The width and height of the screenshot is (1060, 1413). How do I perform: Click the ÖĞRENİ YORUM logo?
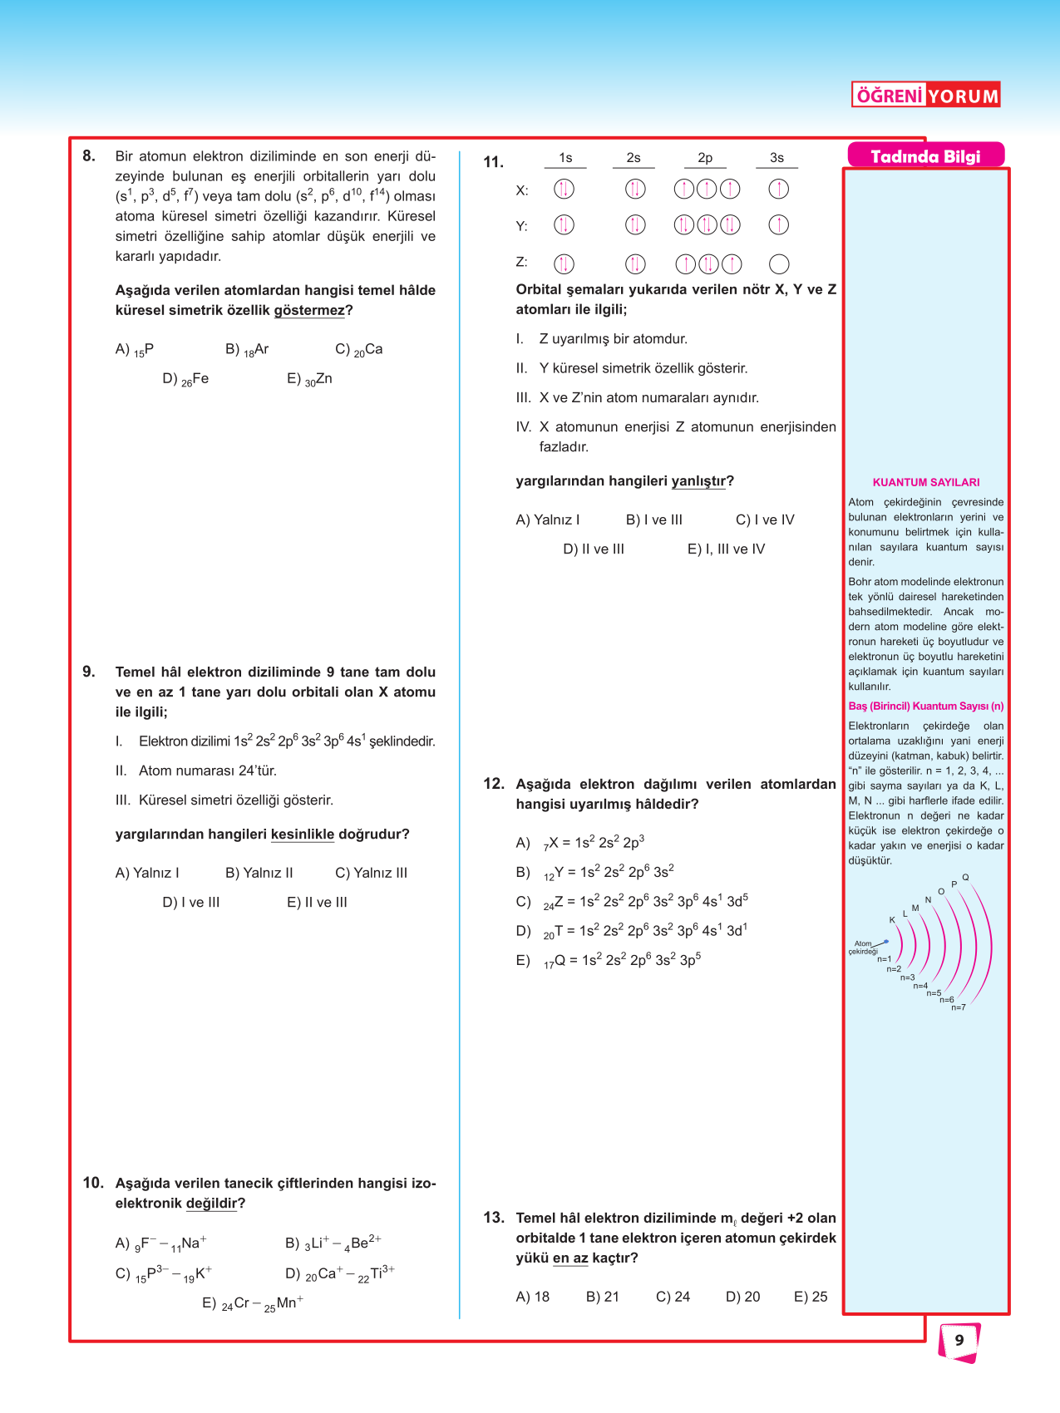925,95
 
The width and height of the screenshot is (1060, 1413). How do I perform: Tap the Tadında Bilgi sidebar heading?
925,156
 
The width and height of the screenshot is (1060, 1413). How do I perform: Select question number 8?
89,155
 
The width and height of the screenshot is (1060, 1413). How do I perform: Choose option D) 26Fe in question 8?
185,379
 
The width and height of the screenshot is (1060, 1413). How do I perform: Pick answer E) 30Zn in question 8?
309,379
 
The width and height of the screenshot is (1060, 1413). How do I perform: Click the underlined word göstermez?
308,310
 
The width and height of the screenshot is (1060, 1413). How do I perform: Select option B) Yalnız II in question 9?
259,873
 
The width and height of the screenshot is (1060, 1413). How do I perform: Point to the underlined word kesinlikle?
302,835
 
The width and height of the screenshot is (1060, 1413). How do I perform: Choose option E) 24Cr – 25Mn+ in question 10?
253,1303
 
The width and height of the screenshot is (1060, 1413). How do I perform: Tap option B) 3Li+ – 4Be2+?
333,1243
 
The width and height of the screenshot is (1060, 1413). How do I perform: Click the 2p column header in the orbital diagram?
705,158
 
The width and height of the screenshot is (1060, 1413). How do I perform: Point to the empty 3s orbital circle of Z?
779,264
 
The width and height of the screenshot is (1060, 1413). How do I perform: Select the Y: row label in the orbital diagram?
522,226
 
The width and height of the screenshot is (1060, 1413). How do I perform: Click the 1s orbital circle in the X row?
564,190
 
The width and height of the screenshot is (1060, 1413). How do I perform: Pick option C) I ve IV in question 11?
765,519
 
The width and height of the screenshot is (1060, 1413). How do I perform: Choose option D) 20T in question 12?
631,931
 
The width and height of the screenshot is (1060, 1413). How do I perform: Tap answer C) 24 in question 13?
673,1297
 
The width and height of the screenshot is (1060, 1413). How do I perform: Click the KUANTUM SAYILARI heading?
925,482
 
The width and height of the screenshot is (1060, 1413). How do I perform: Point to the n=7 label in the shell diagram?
959,1007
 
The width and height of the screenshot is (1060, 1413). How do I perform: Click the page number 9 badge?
959,1341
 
